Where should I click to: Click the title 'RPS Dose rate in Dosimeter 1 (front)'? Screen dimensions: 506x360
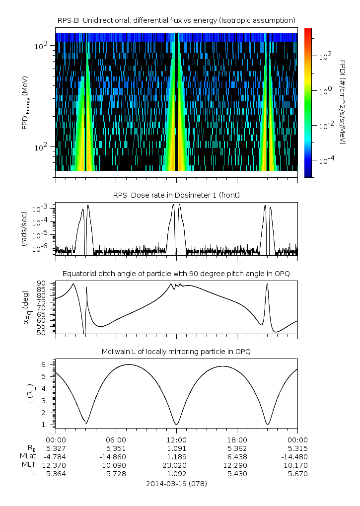point(176,195)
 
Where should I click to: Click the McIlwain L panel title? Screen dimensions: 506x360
point(176,352)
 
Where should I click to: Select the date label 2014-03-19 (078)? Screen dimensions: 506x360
point(176,484)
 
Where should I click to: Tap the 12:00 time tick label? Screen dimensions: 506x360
point(176,439)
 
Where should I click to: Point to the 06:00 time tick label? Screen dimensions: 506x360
point(116,439)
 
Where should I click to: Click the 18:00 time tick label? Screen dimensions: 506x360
point(237,439)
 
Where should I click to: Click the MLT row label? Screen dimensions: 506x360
point(26,465)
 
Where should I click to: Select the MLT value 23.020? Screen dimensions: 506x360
point(176,465)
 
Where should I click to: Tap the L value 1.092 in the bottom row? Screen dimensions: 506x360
point(176,474)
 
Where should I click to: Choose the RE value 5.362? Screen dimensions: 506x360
point(237,448)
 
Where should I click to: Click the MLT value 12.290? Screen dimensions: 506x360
point(237,465)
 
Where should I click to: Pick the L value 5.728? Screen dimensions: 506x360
point(116,474)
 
